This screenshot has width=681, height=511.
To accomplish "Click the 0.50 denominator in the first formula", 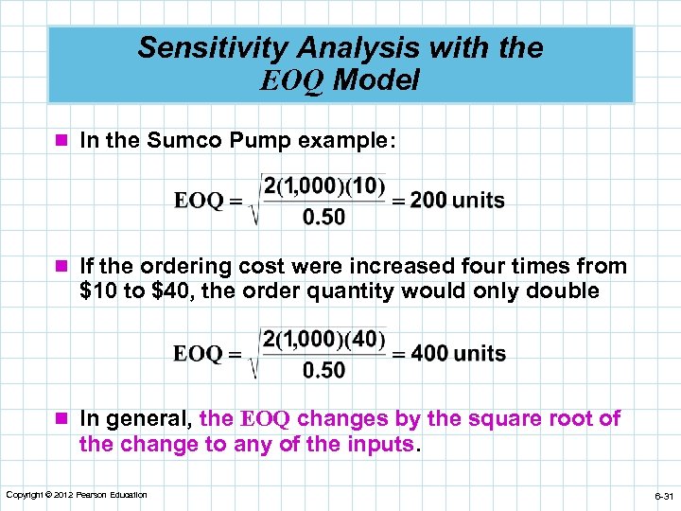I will (x=323, y=218).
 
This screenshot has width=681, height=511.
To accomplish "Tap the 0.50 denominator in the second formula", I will (x=323, y=371).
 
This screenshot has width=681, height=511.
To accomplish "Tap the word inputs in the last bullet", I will (x=382, y=444).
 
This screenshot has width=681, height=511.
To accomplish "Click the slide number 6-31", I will (x=661, y=496).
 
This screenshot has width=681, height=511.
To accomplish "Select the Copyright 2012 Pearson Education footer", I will (x=77, y=495).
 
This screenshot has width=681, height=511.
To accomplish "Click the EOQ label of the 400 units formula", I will (x=199, y=354).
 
